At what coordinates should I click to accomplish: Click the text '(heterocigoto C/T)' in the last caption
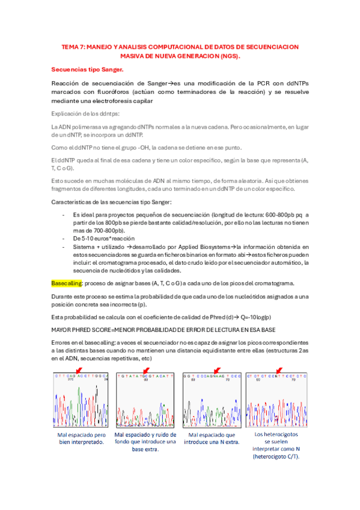[278, 456]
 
